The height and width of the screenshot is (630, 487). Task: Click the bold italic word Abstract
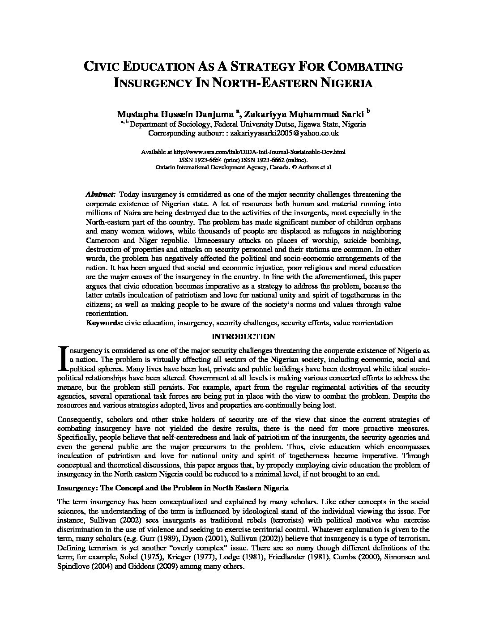pyautogui.click(x=101, y=195)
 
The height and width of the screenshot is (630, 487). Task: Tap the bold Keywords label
pyautogui.click(x=104, y=323)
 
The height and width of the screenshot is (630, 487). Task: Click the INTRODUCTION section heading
pyautogui.click(x=243, y=336)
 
